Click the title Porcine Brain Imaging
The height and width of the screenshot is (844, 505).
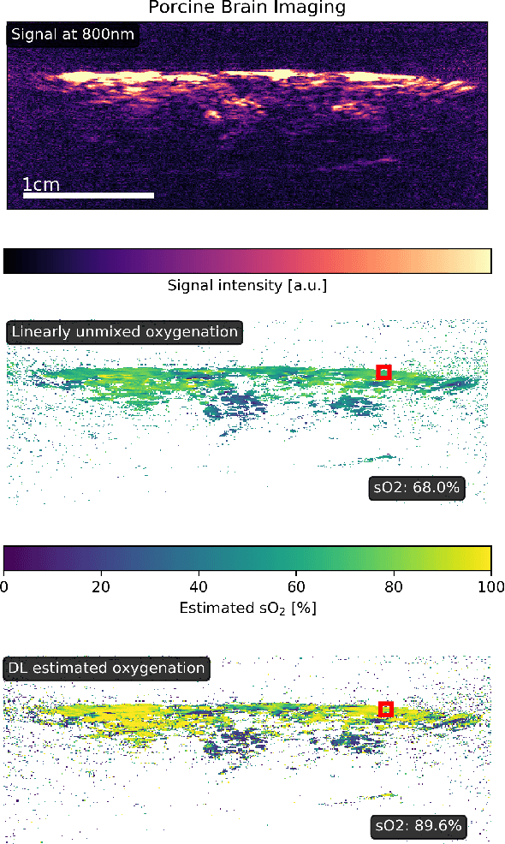247,8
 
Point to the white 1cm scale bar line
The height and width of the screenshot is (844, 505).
88,195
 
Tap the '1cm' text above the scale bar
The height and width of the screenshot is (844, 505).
40,184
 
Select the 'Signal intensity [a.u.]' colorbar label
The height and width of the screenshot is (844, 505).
247,284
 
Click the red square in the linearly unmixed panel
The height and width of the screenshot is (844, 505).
383,371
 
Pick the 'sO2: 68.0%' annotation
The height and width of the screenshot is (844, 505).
417,488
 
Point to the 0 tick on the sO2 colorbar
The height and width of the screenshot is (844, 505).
4,585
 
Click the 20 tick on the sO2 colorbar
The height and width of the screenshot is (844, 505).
102,585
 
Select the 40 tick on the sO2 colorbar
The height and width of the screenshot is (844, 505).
199,585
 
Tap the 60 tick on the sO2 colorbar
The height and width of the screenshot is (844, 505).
296,585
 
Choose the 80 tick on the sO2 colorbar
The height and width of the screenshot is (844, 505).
394,585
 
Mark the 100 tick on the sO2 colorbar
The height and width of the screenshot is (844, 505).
490,585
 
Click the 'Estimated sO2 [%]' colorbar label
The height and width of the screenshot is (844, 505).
247,609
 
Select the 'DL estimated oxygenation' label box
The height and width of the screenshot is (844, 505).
107,668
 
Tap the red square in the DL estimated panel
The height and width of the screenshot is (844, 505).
386,709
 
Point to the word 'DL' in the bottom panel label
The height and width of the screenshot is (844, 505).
18,668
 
